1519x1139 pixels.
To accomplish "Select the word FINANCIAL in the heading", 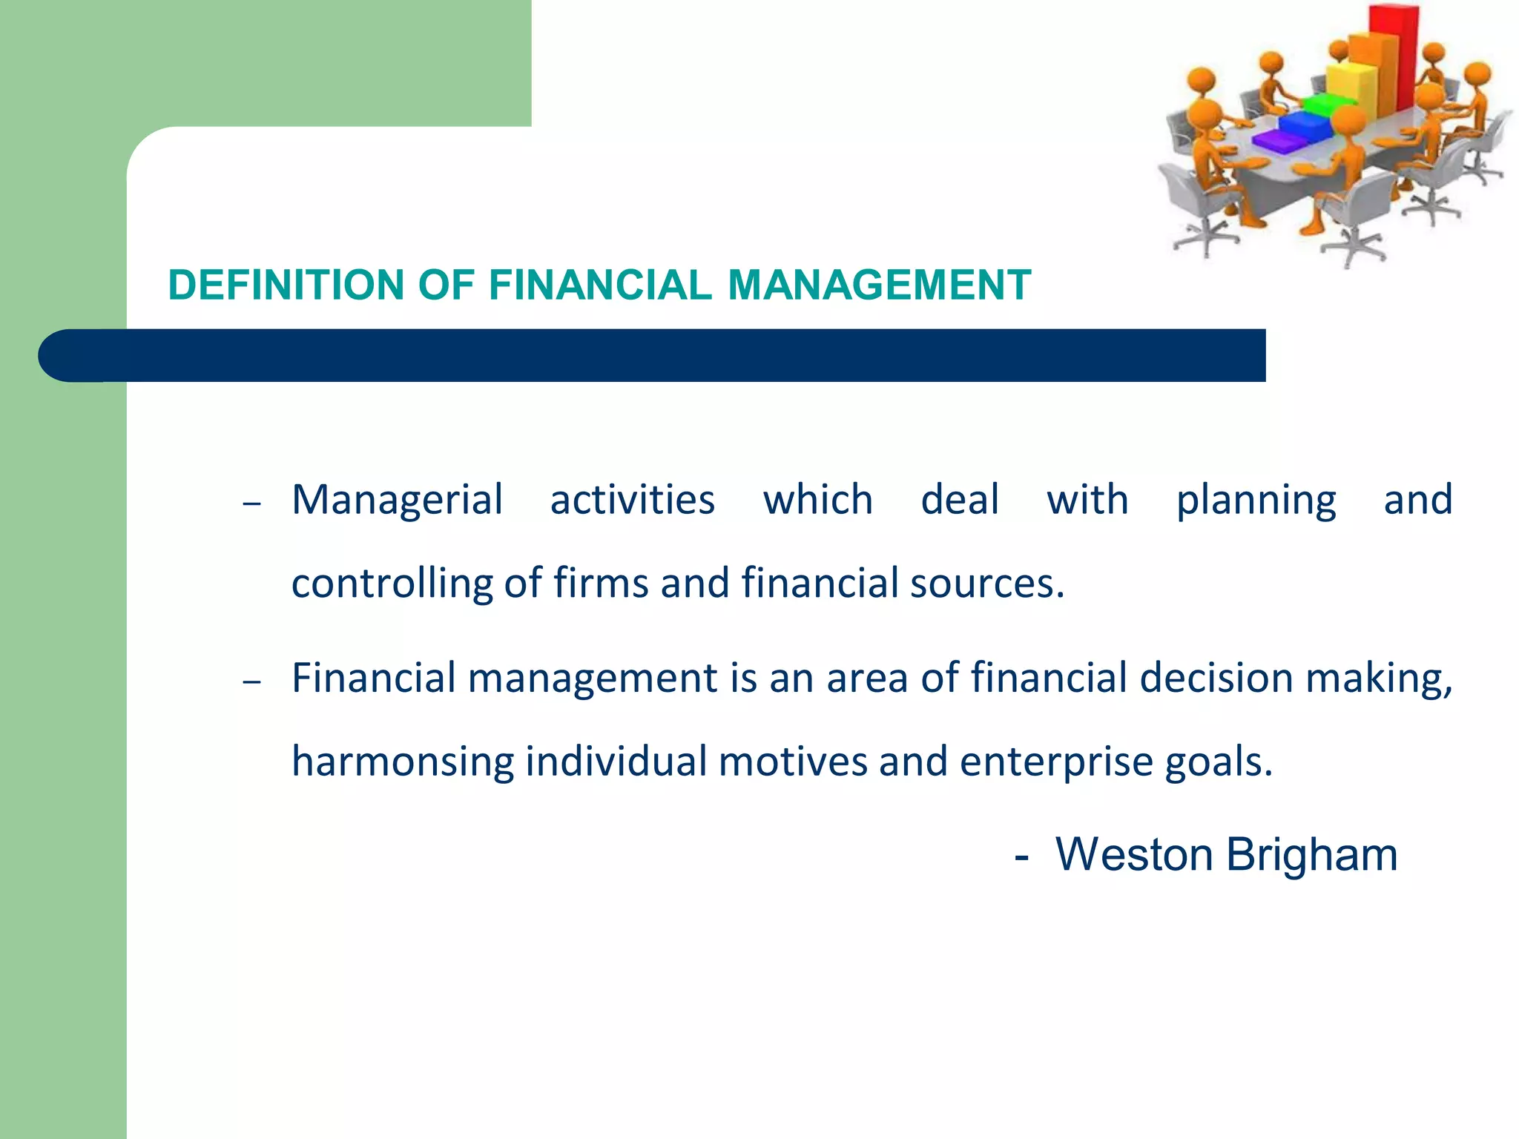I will click(x=600, y=285).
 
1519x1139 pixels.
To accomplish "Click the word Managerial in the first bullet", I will click(x=398, y=501).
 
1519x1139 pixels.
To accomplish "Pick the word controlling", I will click(x=392, y=584).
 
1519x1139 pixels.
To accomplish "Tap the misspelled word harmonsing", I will click(x=403, y=762).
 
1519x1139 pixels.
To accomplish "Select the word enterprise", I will click(x=1056, y=762).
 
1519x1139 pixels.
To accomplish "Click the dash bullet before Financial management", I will click(x=252, y=681).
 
